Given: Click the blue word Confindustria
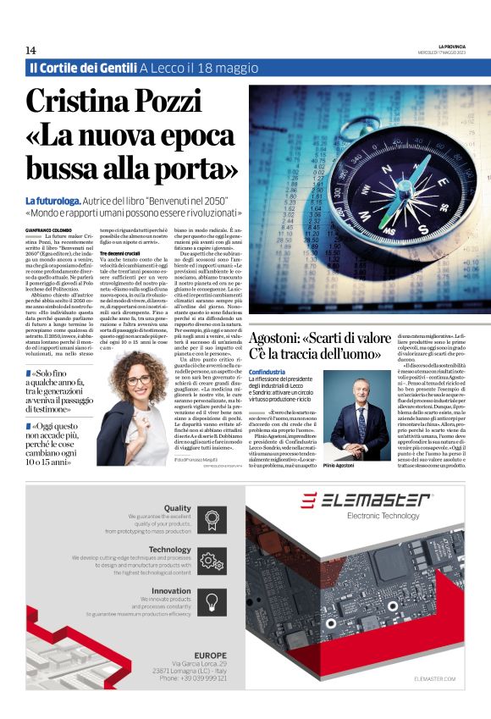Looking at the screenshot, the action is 268,372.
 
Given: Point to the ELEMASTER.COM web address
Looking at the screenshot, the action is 435,678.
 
